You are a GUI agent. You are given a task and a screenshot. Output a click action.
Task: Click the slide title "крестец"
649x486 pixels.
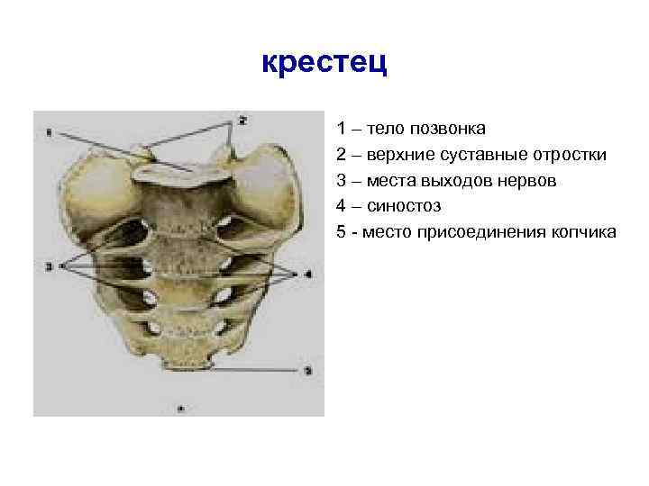coord(324,63)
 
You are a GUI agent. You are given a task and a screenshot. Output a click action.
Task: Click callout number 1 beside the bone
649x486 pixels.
coord(49,133)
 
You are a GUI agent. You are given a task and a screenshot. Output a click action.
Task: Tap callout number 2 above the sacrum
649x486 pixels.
coord(242,119)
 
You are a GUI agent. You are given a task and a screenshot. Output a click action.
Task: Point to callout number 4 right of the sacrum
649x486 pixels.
coord(307,273)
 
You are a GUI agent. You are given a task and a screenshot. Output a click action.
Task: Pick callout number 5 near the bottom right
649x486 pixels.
coord(307,370)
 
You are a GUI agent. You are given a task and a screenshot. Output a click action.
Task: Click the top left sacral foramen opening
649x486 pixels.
coord(133,230)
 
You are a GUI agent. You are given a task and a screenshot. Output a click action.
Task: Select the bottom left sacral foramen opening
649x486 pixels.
coord(156,328)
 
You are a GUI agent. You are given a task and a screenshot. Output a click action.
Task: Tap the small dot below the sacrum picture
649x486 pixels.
coord(181,408)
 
